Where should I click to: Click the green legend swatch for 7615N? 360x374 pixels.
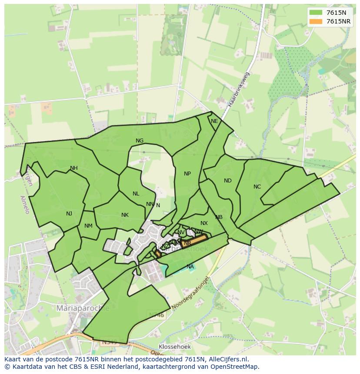tap(316, 13)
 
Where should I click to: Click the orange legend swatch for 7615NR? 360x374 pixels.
tap(316, 21)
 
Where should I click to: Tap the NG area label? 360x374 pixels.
tap(140, 141)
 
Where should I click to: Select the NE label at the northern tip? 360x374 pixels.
tap(214, 121)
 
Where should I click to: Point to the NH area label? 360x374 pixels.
tap(74, 168)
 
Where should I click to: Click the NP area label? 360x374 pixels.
tap(187, 174)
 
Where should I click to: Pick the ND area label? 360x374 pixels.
tap(228, 181)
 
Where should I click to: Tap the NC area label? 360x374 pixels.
tap(257, 187)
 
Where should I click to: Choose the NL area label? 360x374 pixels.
tap(136, 194)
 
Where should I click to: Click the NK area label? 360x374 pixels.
tap(125, 215)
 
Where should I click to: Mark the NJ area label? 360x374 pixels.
tap(69, 213)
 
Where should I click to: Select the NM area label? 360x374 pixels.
tap(89, 226)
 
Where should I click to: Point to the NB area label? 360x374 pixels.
tap(219, 217)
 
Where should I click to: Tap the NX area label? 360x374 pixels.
tap(204, 223)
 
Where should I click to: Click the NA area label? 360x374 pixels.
tap(190, 266)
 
